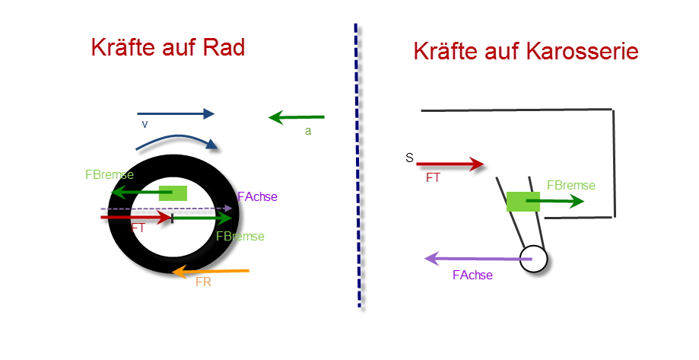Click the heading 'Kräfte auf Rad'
(168, 47)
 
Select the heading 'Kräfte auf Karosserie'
(526, 51)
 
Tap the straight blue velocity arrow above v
(176, 113)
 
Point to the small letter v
(145, 125)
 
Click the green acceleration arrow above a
(297, 117)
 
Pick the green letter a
(308, 131)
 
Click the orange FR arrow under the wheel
(211, 271)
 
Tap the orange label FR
(203, 282)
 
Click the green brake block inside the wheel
(173, 193)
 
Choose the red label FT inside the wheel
(138, 228)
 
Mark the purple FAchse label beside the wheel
(258, 196)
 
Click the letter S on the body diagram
(409, 158)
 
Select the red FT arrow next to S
(450, 164)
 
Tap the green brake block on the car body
(523, 202)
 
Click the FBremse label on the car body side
(571, 185)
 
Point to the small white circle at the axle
(533, 259)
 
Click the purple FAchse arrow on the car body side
(478, 258)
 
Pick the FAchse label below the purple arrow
(472, 276)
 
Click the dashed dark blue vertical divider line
(357, 165)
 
